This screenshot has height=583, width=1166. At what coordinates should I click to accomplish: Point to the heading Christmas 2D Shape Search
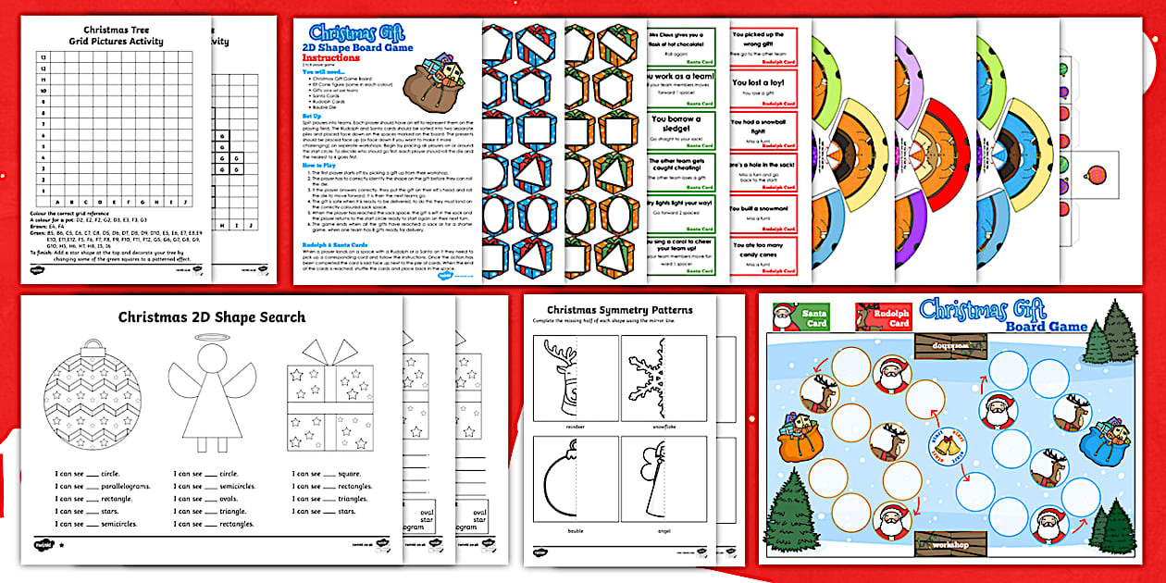tap(211, 317)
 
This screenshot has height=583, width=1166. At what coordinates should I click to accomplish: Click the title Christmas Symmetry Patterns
tap(619, 309)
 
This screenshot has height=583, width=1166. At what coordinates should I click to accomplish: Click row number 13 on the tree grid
tap(41, 57)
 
